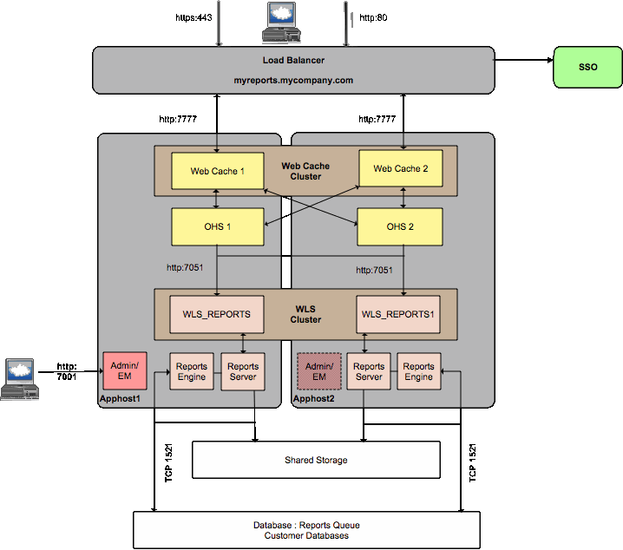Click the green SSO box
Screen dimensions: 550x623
(x=587, y=67)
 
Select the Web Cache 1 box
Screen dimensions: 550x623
(x=217, y=171)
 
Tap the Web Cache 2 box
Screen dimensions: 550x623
(x=401, y=168)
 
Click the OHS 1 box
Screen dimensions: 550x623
(x=217, y=226)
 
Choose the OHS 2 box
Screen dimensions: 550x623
(x=401, y=226)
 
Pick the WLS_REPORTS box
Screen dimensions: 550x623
(x=216, y=314)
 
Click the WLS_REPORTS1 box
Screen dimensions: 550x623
(x=397, y=314)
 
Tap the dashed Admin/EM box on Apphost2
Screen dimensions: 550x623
(x=318, y=371)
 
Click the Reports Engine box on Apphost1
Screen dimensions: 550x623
(x=192, y=371)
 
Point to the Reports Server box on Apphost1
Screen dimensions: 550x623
(x=243, y=371)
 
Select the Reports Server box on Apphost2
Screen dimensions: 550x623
(x=369, y=371)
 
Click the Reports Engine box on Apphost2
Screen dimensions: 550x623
(x=418, y=371)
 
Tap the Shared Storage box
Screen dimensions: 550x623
(x=316, y=460)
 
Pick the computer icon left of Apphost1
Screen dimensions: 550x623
(x=20, y=379)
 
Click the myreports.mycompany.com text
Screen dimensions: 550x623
(x=293, y=80)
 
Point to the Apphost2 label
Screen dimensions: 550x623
(x=312, y=398)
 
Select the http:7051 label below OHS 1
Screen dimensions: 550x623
(x=185, y=267)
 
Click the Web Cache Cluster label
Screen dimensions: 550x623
(x=305, y=171)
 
